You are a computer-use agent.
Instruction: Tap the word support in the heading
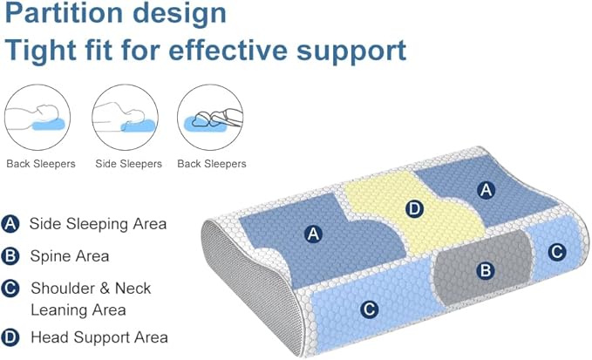pyautogui.click(x=348, y=50)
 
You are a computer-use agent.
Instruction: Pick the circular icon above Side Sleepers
pyautogui.click(x=126, y=119)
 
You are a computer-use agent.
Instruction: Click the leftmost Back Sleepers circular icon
pyautogui.click(x=40, y=119)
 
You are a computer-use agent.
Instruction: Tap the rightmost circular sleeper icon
pyautogui.click(x=211, y=119)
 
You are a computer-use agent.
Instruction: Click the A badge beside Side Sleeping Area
pyautogui.click(x=11, y=225)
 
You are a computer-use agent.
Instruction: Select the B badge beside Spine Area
pyautogui.click(x=11, y=256)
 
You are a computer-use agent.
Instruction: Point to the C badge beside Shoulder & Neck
pyautogui.click(x=11, y=289)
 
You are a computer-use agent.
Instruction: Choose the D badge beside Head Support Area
pyautogui.click(x=11, y=337)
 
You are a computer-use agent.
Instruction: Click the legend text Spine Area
pyautogui.click(x=69, y=256)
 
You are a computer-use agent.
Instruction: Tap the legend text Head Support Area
pyautogui.click(x=99, y=337)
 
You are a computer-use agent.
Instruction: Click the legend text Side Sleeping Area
pyautogui.click(x=98, y=224)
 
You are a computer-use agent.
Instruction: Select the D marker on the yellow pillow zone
pyautogui.click(x=415, y=208)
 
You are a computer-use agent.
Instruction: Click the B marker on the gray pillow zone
pyautogui.click(x=485, y=270)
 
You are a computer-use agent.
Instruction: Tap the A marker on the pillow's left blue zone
pyautogui.click(x=313, y=233)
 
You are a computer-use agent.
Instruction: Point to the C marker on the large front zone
pyautogui.click(x=369, y=308)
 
